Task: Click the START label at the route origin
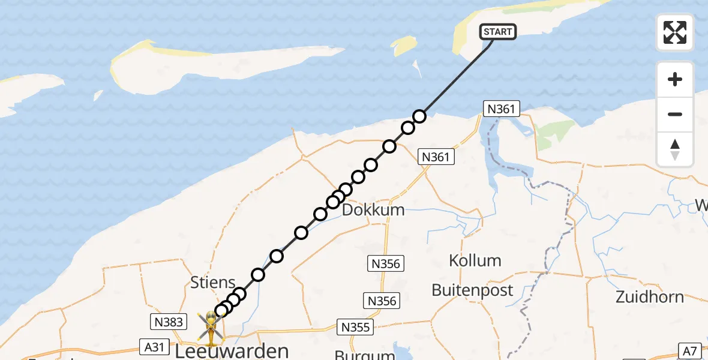[x=498, y=32]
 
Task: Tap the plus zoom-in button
[x=675, y=80]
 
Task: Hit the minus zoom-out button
[x=675, y=114]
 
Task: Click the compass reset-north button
[x=675, y=149]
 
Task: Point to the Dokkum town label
[x=373, y=211]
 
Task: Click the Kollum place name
[x=475, y=260]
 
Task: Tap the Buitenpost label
[x=472, y=290]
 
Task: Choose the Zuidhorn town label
[x=650, y=296]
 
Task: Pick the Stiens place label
[x=212, y=282]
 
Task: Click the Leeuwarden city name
[x=232, y=350]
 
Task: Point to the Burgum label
[x=358, y=354]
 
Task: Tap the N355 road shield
[x=355, y=327]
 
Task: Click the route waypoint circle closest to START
[x=419, y=116]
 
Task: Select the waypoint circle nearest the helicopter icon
[x=221, y=310]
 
